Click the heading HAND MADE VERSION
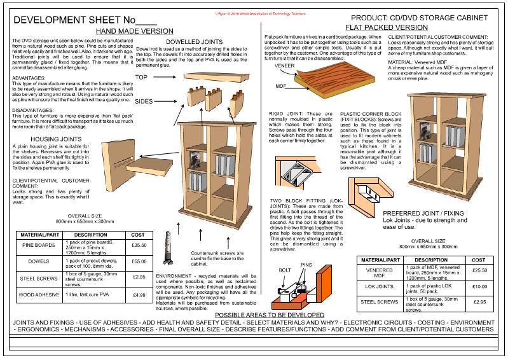(135, 30)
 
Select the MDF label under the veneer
(281, 85)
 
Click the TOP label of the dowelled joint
(141, 77)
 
